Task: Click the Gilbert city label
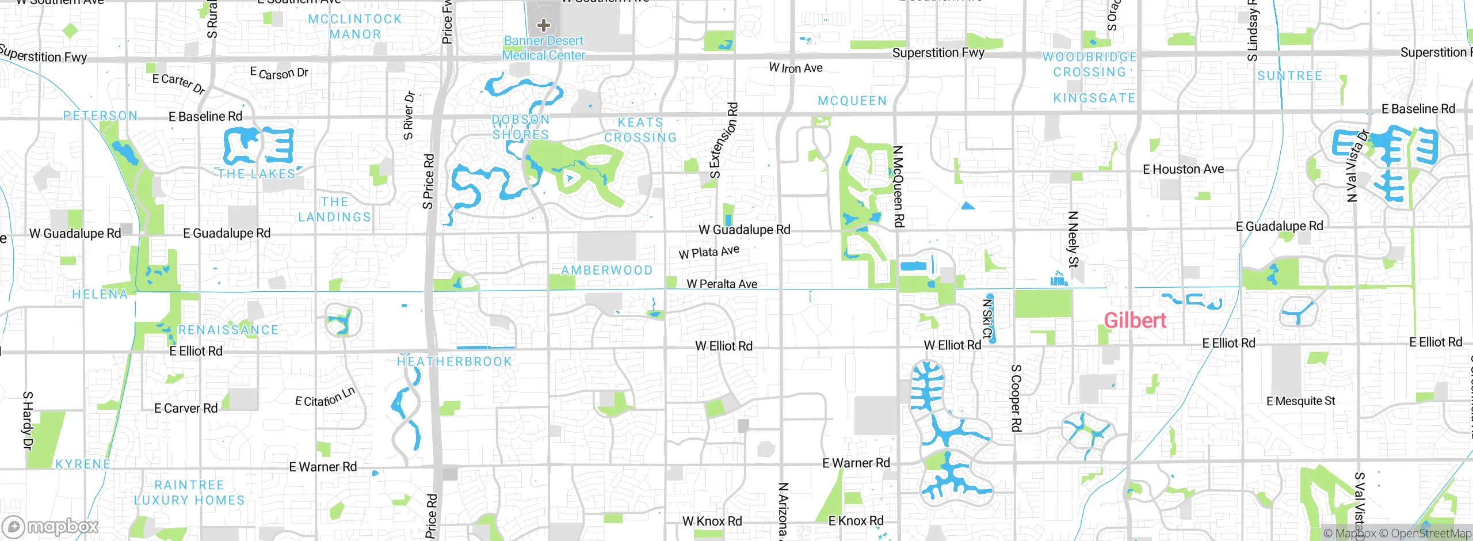1135,321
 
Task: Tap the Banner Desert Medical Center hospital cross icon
543,25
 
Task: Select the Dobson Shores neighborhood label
521,127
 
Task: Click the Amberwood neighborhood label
606,270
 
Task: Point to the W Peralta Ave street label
722,284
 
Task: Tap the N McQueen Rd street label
898,186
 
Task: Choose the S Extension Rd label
724,141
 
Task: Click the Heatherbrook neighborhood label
454,362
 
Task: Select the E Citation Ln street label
325,398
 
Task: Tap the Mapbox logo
50,526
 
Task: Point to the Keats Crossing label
640,130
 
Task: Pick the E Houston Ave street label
1183,169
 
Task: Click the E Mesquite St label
1300,401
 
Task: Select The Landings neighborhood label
334,209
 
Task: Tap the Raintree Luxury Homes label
189,493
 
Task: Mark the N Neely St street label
1073,239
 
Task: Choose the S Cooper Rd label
1016,398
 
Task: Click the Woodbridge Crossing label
1089,64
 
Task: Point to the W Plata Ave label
709,252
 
